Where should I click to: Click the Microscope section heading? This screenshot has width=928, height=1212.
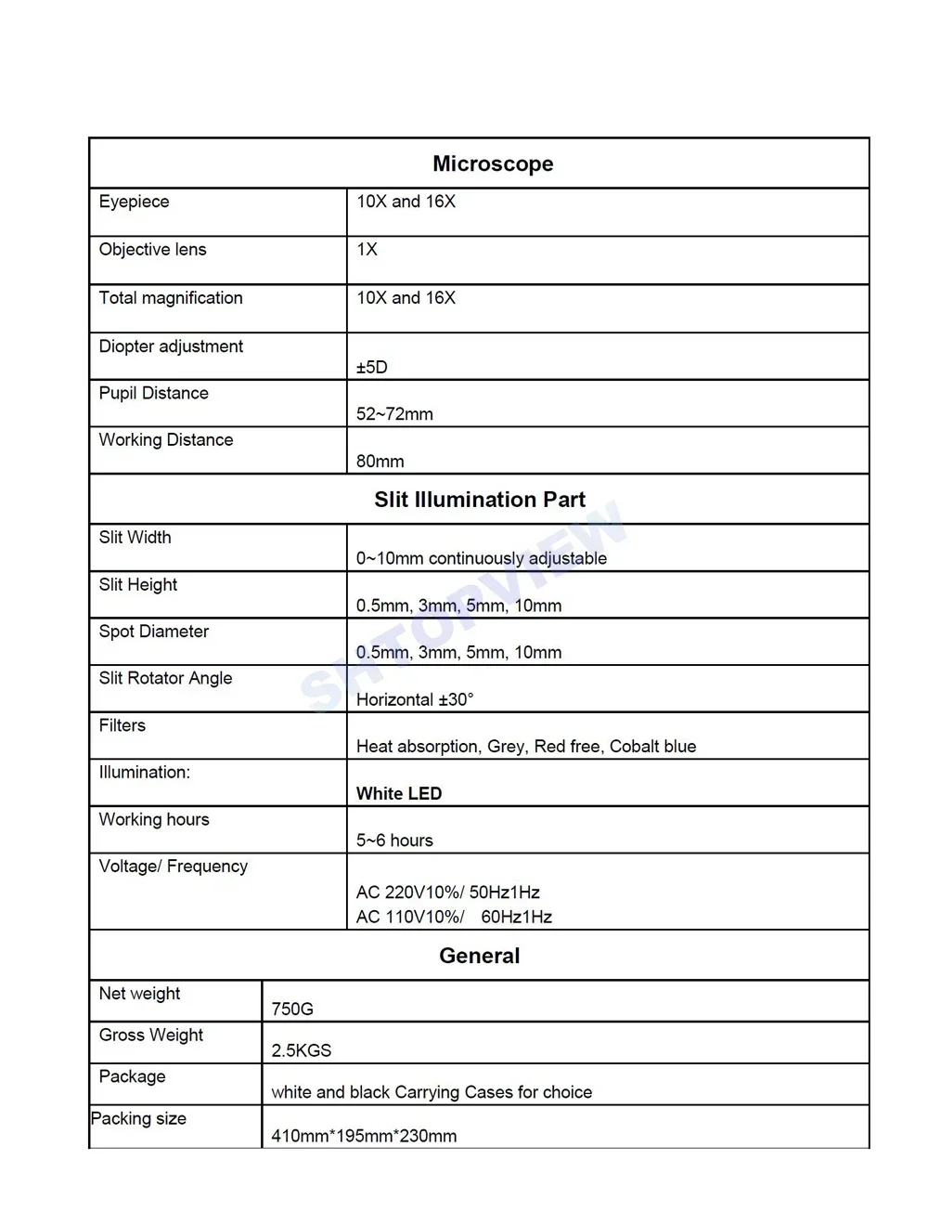click(493, 164)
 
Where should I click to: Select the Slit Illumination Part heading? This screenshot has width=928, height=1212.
click(479, 500)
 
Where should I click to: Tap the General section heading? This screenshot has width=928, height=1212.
click(479, 956)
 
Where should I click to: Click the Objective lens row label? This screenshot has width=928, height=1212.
click(152, 250)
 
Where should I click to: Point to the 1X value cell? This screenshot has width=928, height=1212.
click(367, 250)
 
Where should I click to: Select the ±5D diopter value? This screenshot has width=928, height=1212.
click(371, 367)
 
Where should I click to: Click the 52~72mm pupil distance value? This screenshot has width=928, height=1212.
click(394, 414)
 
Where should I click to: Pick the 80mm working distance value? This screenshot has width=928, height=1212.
click(380, 462)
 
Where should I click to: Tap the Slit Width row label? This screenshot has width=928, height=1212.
click(135, 538)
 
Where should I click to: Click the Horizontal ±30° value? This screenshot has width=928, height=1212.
click(414, 699)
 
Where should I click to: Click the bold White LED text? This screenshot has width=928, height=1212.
click(399, 794)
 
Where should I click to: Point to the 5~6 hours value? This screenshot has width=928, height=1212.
click(394, 841)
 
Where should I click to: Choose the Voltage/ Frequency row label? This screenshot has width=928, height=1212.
click(173, 867)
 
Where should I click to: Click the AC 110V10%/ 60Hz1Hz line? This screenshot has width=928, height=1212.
click(454, 918)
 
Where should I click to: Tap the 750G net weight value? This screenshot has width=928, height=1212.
click(292, 1009)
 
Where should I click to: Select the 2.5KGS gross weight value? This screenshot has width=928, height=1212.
click(301, 1050)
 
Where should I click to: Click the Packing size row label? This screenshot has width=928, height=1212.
click(138, 1119)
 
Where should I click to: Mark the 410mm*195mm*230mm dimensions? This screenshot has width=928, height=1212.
click(364, 1136)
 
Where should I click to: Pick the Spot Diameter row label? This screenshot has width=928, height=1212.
click(153, 632)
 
